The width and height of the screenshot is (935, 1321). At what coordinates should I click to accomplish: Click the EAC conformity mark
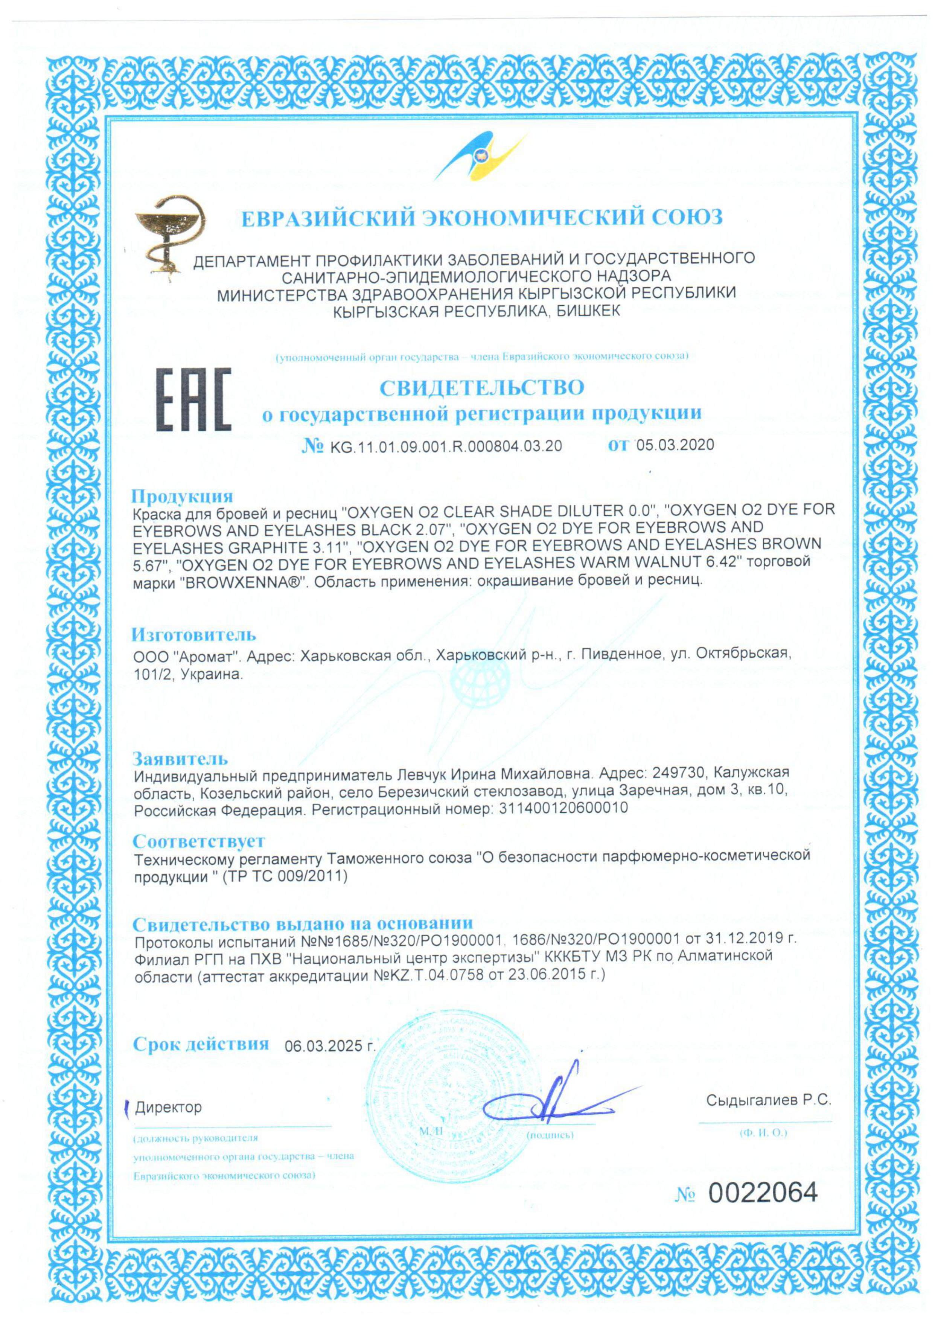pos(194,400)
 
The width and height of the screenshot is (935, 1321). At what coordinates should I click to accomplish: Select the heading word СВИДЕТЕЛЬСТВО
pos(481,387)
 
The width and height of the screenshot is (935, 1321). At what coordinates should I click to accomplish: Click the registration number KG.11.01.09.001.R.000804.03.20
pos(446,446)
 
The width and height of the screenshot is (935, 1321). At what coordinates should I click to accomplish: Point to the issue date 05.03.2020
pos(675,445)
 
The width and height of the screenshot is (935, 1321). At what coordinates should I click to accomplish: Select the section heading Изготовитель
pos(194,635)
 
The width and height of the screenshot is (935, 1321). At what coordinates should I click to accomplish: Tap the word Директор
pos(168,1107)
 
